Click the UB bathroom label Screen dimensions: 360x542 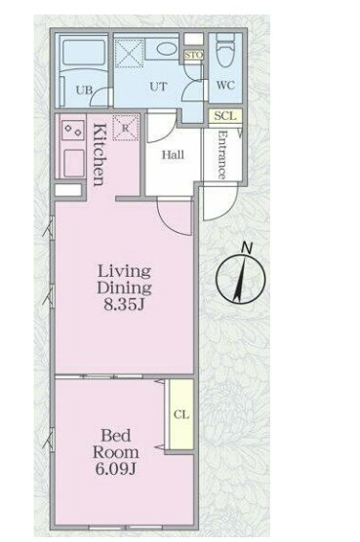[84, 91]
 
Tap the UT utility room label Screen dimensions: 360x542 [158, 86]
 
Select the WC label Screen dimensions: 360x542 [225, 85]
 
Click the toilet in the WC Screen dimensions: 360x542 [225, 51]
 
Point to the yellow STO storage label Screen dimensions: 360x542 [193, 56]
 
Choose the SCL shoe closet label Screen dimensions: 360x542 [225, 116]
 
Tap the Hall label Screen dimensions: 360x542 [173, 155]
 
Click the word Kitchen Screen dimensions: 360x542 [100, 155]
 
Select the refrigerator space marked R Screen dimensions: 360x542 [126, 128]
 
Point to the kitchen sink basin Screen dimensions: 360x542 [74, 163]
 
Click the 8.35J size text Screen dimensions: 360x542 [124, 305]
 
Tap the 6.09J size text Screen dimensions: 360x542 [116, 469]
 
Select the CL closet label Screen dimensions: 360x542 [181, 414]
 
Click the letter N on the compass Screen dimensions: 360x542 [247, 248]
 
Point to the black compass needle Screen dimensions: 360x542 [240, 278]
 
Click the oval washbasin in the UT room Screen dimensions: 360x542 [167, 49]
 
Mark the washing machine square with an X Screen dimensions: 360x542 [130, 54]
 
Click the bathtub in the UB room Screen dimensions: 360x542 [84, 53]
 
